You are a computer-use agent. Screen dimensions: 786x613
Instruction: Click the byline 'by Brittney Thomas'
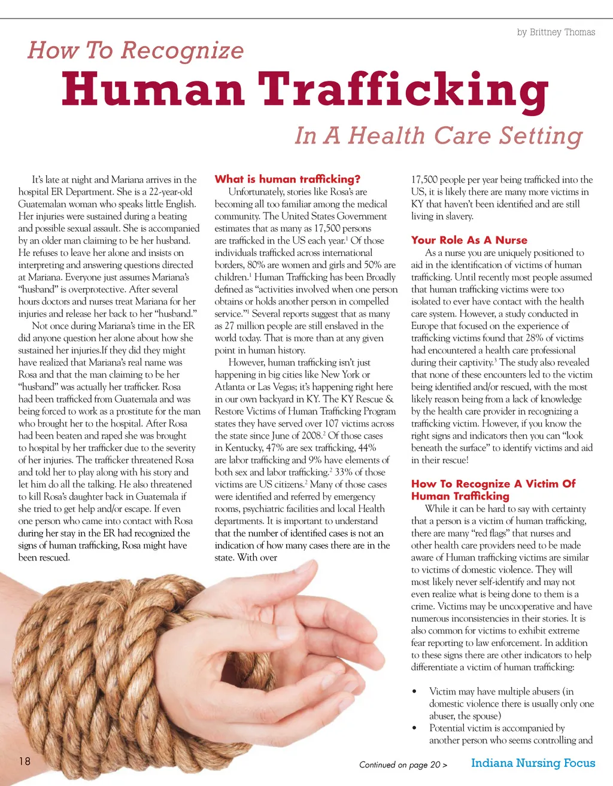coord(556,32)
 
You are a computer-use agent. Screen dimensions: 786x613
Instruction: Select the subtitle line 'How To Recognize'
coord(136,50)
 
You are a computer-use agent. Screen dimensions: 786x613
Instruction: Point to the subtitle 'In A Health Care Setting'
coord(438,135)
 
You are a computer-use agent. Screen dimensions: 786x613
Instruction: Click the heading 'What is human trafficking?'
coord(287,179)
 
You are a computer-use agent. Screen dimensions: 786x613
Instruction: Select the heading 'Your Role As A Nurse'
coord(469,240)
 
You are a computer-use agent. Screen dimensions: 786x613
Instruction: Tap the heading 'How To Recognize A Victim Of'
coord(493,483)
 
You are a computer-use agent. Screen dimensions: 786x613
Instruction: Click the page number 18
coord(25,761)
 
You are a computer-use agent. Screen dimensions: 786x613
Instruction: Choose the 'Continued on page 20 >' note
coord(403,764)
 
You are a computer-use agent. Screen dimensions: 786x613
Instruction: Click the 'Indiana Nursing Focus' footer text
coord(533,763)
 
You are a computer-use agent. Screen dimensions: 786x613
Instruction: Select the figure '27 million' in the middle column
coord(242,326)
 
